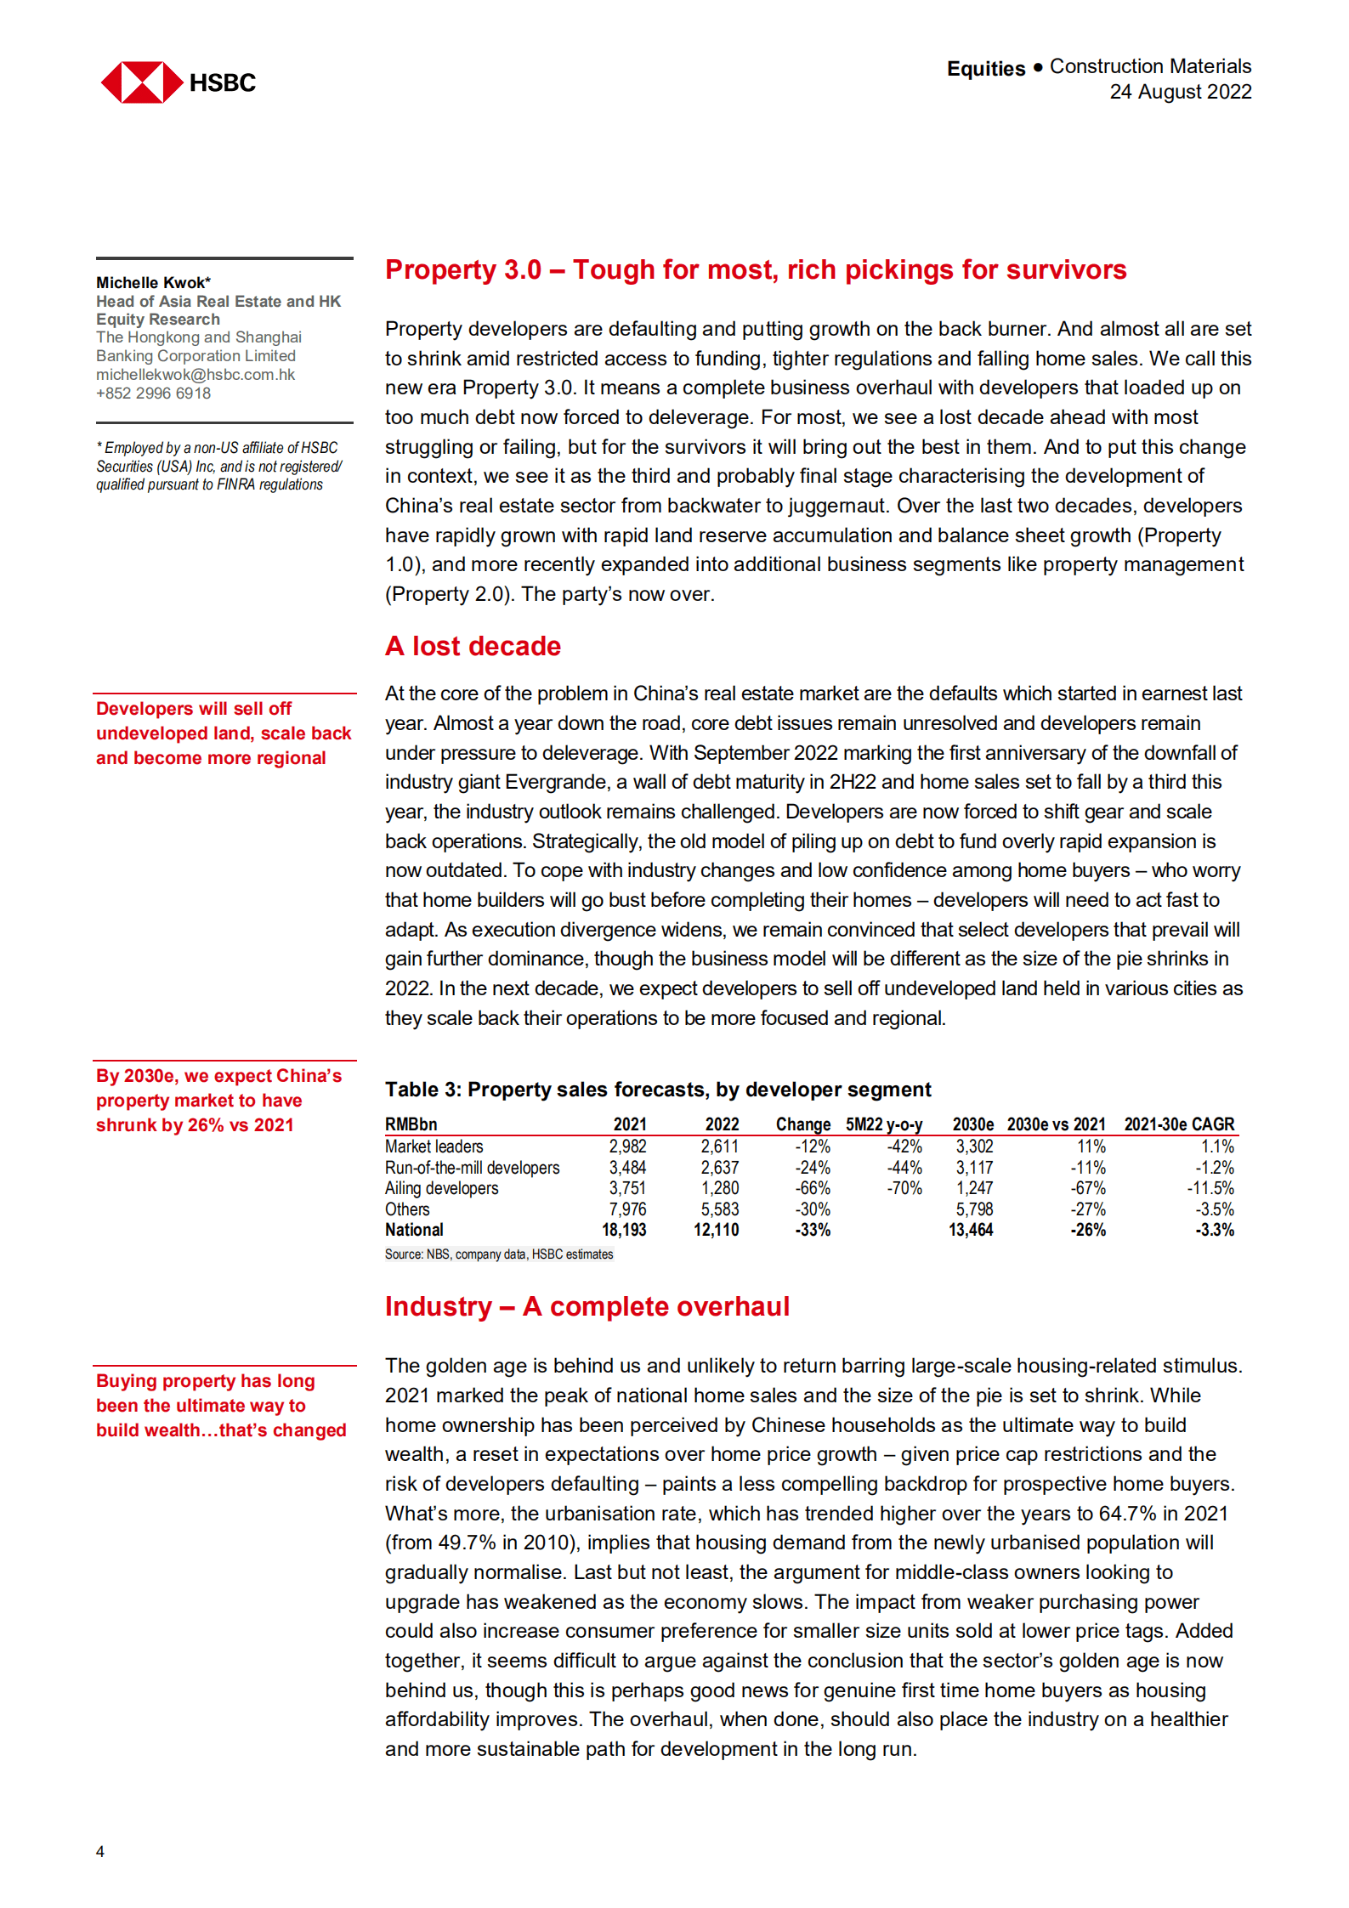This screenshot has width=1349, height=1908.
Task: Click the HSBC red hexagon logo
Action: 141,82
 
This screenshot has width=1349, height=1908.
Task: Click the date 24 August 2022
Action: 1180,92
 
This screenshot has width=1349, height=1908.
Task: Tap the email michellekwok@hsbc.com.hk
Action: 195,375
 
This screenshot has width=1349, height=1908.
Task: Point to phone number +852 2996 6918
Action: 153,393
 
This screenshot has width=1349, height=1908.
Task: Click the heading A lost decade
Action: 473,646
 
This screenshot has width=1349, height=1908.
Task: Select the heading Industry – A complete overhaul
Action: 587,1306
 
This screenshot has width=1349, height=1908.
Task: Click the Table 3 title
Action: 657,1090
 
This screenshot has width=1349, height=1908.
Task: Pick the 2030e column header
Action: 972,1124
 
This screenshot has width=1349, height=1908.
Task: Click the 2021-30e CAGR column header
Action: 1178,1124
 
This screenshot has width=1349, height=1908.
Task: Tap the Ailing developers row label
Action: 441,1188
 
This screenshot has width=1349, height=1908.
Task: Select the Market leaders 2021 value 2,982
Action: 627,1146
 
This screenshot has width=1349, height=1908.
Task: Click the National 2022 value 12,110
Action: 716,1230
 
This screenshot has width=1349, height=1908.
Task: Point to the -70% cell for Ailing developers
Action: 904,1188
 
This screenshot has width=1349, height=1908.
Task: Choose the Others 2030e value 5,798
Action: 974,1209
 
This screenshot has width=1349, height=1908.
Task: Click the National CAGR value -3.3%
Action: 1215,1230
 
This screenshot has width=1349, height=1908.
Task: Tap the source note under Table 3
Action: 498,1254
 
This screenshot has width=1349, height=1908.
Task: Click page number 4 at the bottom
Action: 100,1851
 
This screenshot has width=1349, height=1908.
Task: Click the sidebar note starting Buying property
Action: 221,1405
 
